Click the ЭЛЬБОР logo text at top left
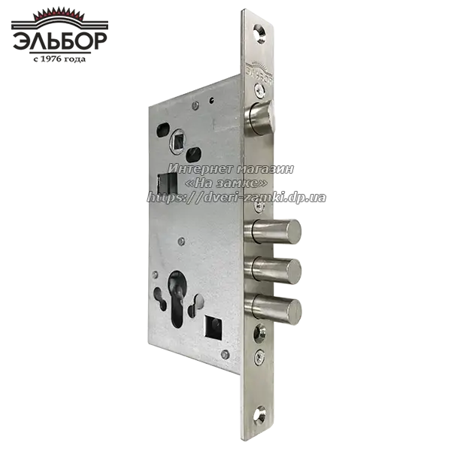pyautogui.click(x=60, y=41)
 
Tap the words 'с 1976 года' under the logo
pyautogui.click(x=59, y=59)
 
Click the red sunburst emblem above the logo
pyautogui.click(x=59, y=14)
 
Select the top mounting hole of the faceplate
pyautogui.click(x=260, y=33)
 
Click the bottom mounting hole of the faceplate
pyautogui.click(x=260, y=415)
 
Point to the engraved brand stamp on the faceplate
pyautogui.click(x=259, y=71)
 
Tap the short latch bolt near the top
pyautogui.click(x=261, y=117)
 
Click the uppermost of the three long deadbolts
pyautogui.click(x=273, y=231)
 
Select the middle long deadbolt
pyautogui.click(x=273, y=270)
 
